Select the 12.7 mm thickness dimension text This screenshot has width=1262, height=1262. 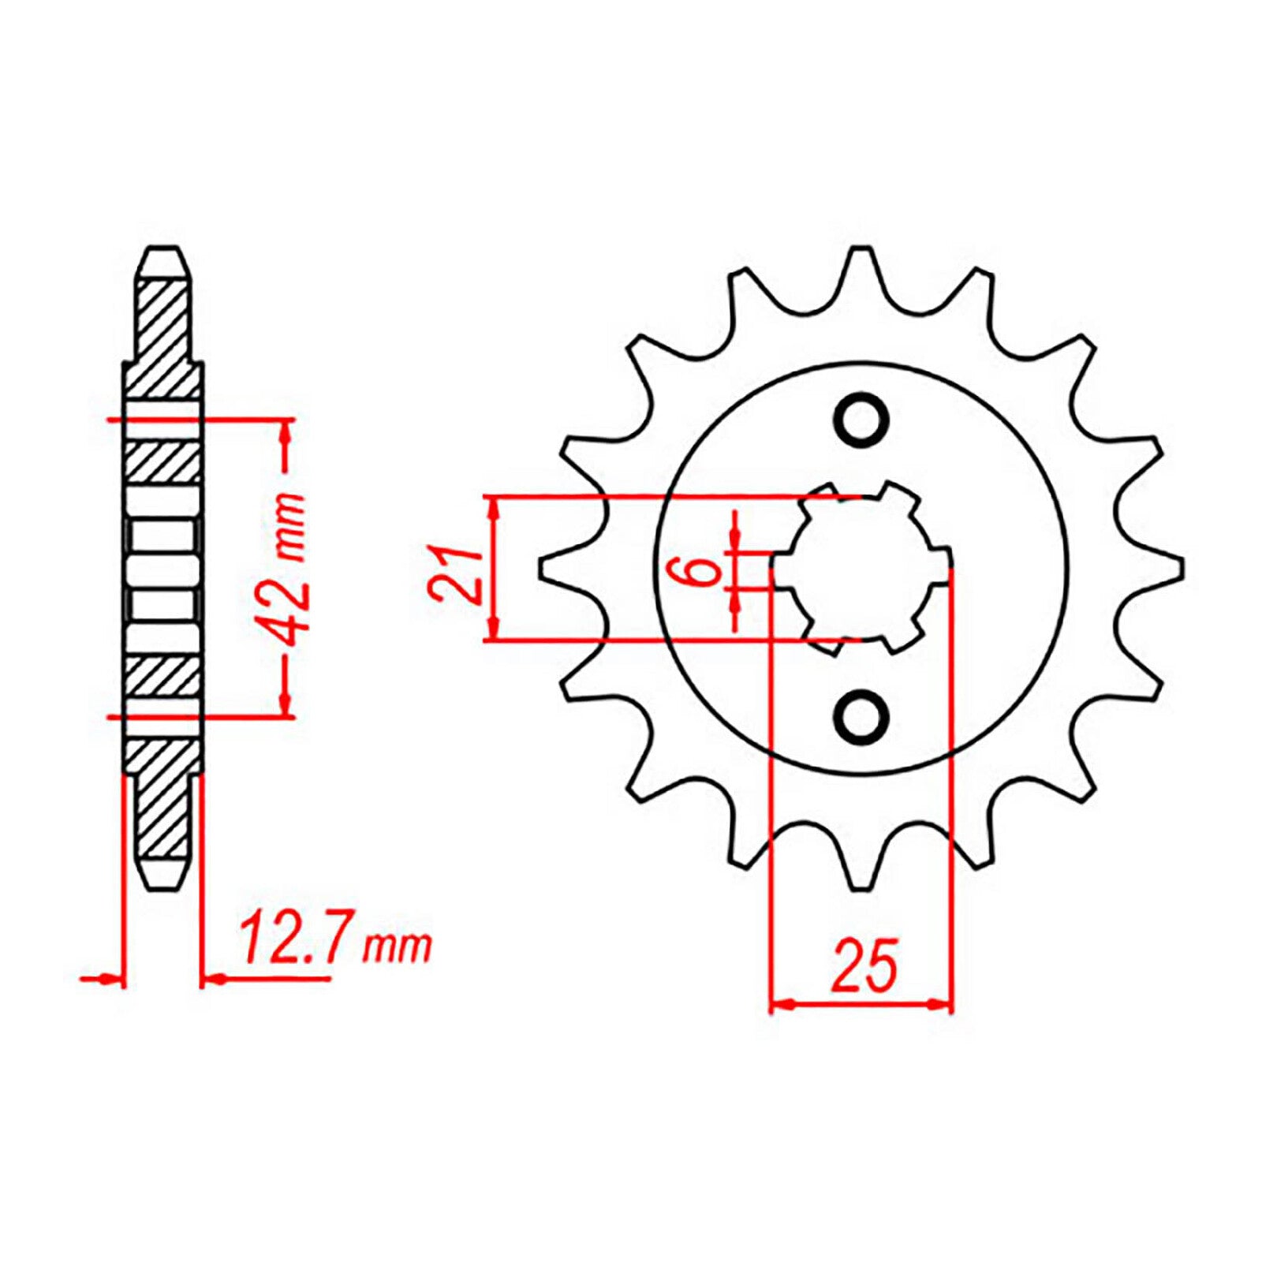tap(335, 940)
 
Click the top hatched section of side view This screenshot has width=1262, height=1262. tap(163, 339)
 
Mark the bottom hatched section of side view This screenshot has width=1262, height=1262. tap(163, 797)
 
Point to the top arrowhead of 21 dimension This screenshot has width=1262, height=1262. tap(494, 509)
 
